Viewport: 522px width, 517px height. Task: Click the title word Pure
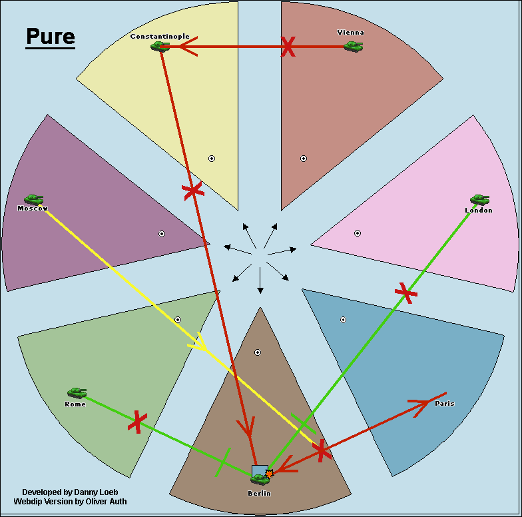(50, 37)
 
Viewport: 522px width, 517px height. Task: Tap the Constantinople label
(160, 36)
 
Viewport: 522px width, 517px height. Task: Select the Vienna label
(351, 32)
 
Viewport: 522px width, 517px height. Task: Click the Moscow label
(33, 209)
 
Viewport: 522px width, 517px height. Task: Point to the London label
(479, 211)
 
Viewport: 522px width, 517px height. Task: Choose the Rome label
(75, 404)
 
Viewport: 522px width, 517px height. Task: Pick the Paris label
(444, 403)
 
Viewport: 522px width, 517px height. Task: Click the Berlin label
(260, 493)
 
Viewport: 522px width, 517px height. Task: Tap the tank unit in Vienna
(353, 46)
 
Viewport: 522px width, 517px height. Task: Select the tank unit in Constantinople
(160, 46)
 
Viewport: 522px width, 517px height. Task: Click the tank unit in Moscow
(33, 199)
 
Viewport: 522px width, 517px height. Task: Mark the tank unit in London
(479, 199)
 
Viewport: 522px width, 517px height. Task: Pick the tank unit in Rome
(77, 393)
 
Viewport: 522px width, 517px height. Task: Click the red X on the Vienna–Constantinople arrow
(288, 47)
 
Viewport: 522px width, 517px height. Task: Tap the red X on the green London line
(405, 292)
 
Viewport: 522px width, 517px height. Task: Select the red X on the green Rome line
(137, 421)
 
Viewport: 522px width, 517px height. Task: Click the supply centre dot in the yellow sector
(212, 159)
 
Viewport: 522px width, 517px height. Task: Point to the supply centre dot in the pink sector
(358, 233)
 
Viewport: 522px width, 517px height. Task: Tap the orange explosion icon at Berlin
(269, 474)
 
